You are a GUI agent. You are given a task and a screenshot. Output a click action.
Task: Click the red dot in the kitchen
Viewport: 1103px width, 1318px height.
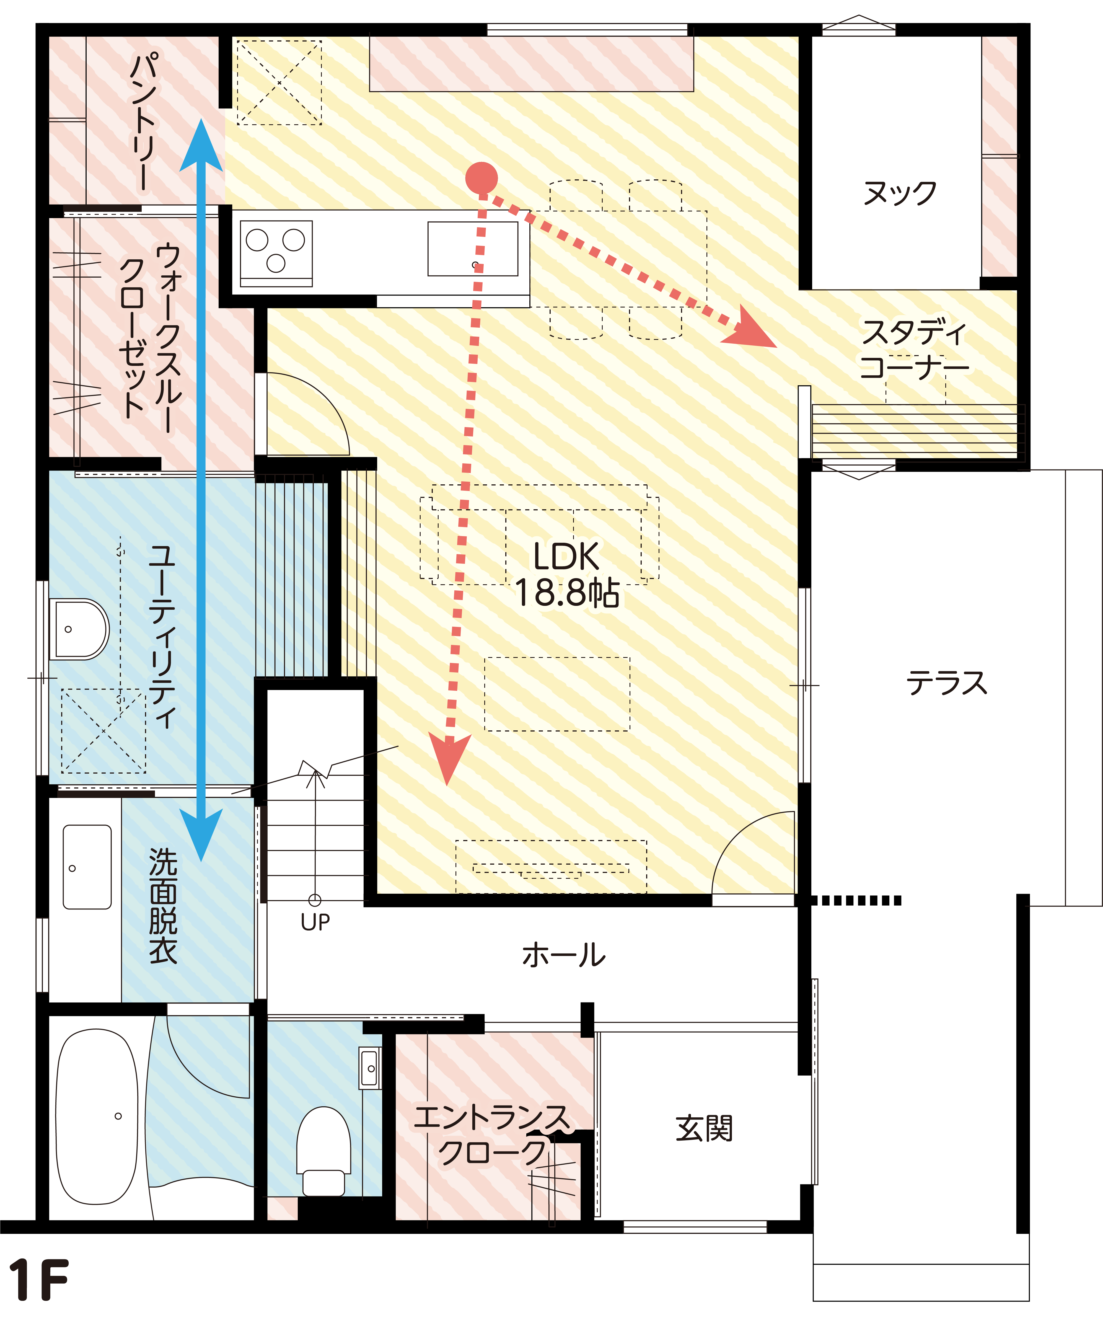(481, 178)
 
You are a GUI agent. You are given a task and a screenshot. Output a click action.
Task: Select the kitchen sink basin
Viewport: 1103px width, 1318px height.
(472, 249)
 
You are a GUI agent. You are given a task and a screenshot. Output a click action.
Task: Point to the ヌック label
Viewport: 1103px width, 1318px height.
(899, 193)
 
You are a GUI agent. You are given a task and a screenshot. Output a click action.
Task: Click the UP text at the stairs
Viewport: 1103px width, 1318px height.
(315, 922)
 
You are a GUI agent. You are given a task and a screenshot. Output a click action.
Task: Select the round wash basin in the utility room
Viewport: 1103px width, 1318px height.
(78, 629)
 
